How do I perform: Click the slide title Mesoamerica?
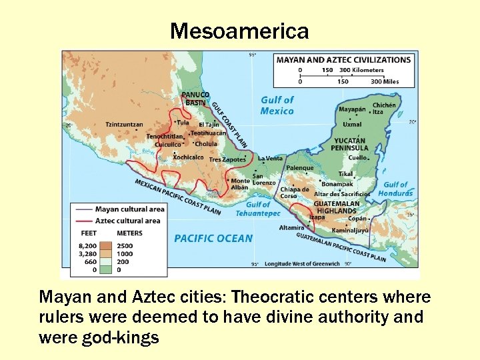(x=239, y=31)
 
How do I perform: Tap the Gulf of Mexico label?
(x=277, y=105)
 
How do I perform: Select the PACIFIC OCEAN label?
(x=213, y=238)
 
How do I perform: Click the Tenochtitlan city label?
(x=165, y=137)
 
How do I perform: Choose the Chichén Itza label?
(x=384, y=108)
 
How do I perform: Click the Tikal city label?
(x=345, y=174)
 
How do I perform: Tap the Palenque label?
(x=300, y=168)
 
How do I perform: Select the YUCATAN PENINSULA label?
(x=350, y=144)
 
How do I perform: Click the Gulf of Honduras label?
(x=395, y=189)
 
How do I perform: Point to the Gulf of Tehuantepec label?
(x=258, y=209)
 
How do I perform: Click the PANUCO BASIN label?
(x=195, y=99)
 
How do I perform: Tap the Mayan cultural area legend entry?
(x=129, y=209)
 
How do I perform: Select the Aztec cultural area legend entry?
(x=127, y=221)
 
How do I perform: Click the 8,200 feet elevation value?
(x=88, y=245)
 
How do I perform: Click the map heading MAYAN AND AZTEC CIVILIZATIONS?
(x=343, y=59)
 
